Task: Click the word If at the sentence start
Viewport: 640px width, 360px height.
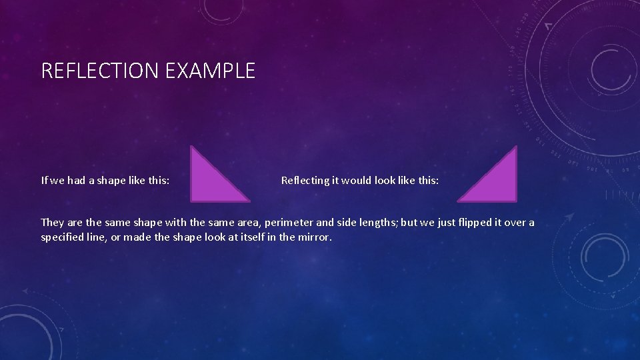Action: [45, 180]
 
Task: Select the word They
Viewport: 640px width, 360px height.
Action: [53, 222]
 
